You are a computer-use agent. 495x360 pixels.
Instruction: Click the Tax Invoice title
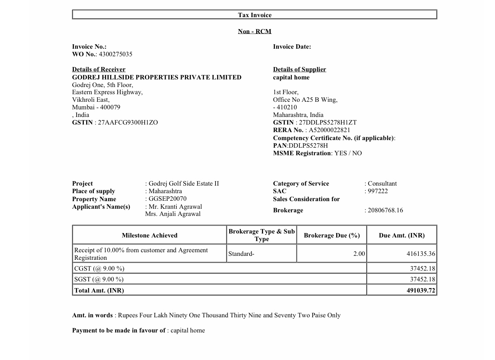[x=255, y=15]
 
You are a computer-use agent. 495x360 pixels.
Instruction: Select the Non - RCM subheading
[x=255, y=32]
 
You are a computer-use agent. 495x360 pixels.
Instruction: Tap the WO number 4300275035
[x=115, y=54]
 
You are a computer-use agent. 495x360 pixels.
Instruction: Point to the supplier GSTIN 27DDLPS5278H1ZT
[x=328, y=123]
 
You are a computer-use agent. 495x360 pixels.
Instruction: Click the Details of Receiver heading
[x=99, y=69]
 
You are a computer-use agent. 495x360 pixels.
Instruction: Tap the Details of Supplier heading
[x=299, y=69]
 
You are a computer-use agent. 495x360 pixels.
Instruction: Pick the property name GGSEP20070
[x=167, y=199]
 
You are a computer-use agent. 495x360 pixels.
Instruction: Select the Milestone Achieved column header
[x=150, y=235]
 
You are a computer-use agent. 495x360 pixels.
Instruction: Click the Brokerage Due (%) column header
[x=332, y=235]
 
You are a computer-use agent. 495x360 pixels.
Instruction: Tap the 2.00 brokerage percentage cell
[x=359, y=254]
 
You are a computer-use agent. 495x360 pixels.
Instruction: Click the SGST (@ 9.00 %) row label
[x=99, y=279]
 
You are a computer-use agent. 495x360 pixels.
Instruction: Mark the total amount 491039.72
[x=421, y=291]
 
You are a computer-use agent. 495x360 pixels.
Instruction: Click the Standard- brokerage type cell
[x=242, y=254]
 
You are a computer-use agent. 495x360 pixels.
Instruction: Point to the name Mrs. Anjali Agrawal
[x=173, y=214]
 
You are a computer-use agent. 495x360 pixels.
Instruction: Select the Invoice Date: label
[x=292, y=47]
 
